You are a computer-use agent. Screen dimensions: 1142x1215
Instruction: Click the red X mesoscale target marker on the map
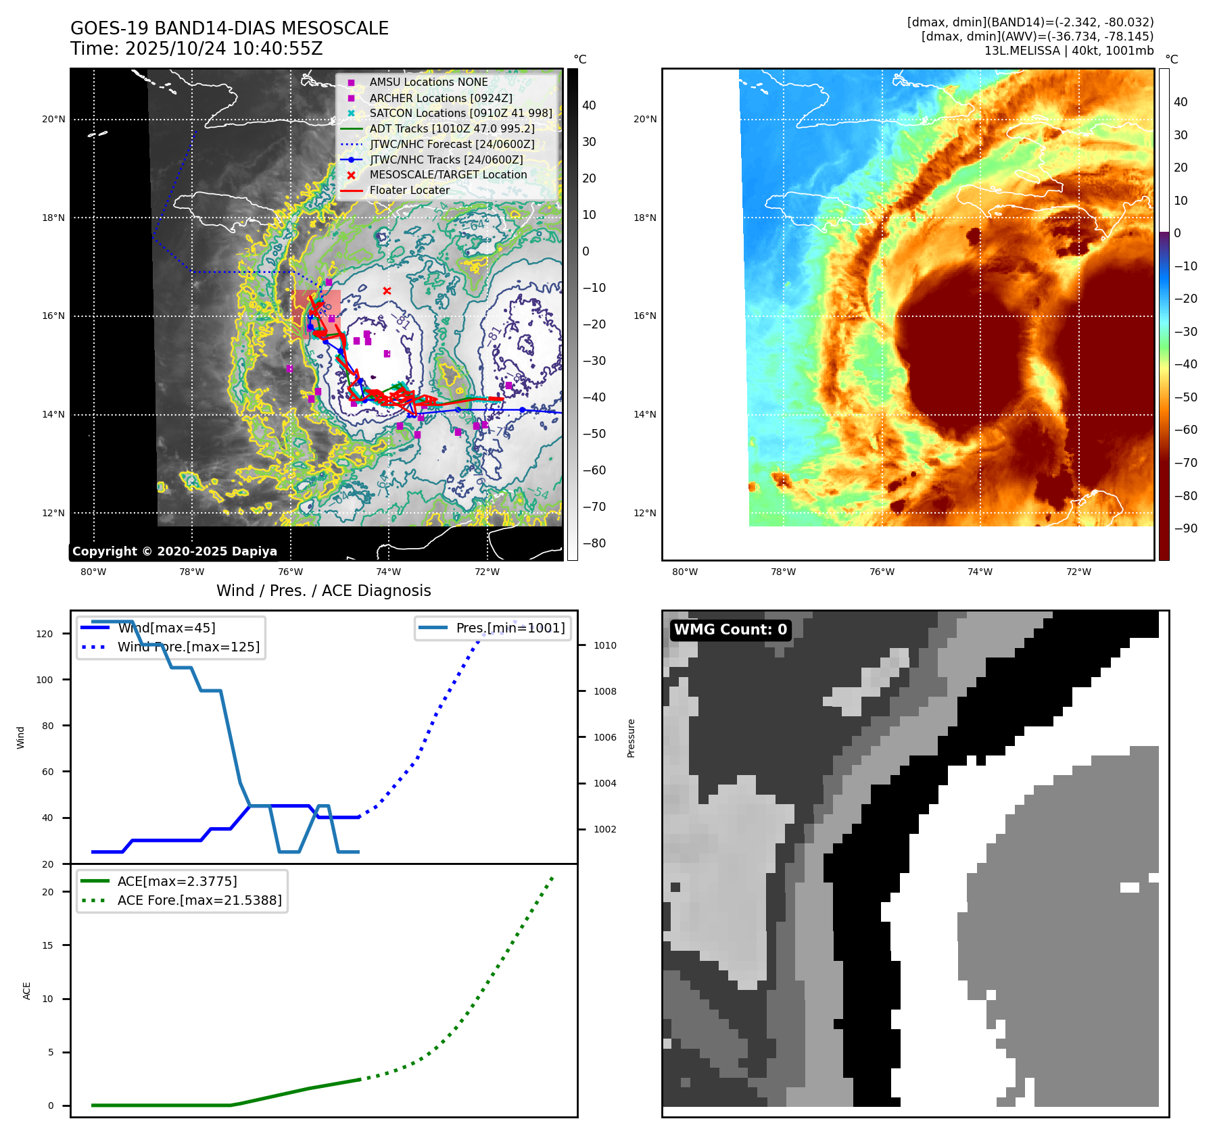387,291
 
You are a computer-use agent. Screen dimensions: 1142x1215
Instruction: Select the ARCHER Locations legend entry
440,98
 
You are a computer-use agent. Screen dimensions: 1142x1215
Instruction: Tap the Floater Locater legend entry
409,191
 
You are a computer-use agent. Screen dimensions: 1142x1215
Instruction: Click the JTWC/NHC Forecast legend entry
452,144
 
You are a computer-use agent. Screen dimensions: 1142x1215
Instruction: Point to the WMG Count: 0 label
730,630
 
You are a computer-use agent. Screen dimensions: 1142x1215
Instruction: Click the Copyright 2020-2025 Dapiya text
174,551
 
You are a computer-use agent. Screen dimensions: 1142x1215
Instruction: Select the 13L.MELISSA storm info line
1068,51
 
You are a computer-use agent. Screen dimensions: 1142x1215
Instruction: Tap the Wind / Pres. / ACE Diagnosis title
323,591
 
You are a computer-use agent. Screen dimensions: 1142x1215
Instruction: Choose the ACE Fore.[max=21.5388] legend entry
199,900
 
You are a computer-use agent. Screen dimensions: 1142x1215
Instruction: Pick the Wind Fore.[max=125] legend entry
188,647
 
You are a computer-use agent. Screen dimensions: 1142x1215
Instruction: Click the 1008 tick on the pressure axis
604,691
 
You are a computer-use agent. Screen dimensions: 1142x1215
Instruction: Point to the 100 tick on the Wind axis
45,680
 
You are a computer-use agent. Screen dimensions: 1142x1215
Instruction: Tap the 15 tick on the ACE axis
47,945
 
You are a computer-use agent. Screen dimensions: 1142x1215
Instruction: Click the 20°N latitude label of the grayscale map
53,120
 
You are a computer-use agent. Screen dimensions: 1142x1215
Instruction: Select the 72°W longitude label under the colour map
1078,572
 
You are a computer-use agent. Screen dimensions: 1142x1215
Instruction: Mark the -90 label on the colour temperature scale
1185,528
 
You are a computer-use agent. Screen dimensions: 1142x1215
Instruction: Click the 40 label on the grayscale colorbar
589,105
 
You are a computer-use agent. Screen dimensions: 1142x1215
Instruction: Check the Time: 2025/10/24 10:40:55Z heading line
196,49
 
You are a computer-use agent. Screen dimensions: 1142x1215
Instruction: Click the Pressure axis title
631,738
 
